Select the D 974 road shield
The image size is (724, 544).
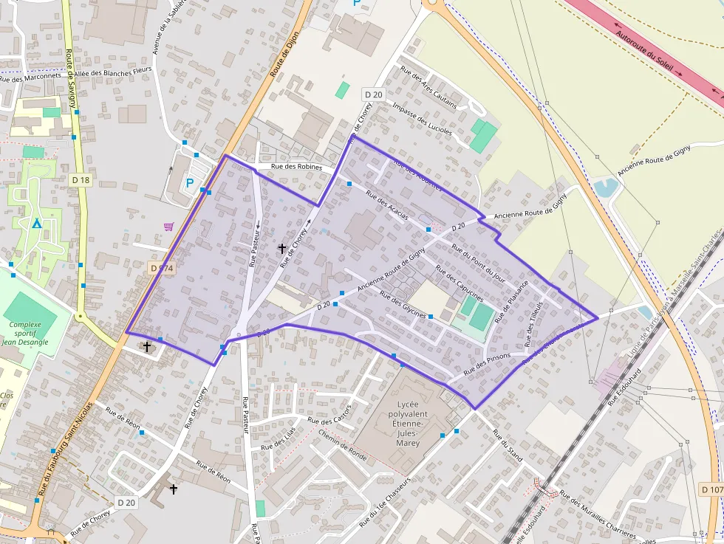tap(161, 269)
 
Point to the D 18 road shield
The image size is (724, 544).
tap(81, 180)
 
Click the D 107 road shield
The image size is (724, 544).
tap(711, 489)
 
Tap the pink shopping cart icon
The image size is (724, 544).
tap(168, 227)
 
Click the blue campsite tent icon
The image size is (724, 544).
tap(36, 223)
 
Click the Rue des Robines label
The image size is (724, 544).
tap(297, 168)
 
